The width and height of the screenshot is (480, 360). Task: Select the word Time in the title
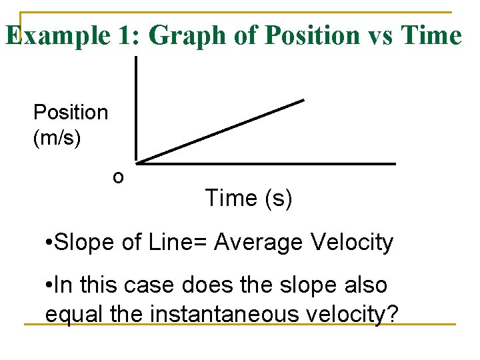431,36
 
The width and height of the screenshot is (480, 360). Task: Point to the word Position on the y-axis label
70,112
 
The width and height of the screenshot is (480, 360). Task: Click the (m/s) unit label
57,138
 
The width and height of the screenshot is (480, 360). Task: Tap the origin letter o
118,177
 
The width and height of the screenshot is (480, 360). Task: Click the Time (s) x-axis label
248,198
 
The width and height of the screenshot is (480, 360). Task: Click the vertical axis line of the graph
136,110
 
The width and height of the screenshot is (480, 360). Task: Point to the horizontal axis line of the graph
267,163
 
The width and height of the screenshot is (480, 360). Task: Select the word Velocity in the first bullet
352,243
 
